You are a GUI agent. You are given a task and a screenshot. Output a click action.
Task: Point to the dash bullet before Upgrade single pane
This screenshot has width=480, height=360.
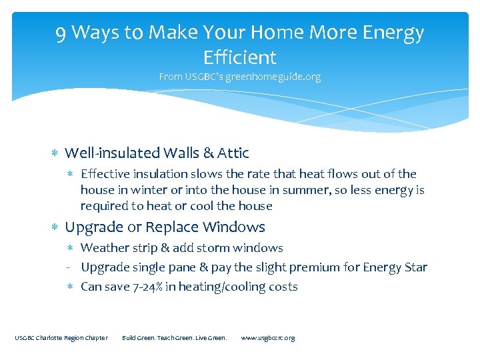click(x=69, y=268)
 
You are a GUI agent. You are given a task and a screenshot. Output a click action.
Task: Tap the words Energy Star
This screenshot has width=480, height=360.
click(x=395, y=267)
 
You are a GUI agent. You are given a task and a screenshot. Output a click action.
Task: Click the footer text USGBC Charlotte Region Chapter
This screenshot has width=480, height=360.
click(x=61, y=338)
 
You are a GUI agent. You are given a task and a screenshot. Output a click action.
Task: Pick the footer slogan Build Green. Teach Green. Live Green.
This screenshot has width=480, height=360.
click(x=175, y=338)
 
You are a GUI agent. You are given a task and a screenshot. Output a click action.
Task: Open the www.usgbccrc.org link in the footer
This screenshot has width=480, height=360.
click(x=267, y=338)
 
